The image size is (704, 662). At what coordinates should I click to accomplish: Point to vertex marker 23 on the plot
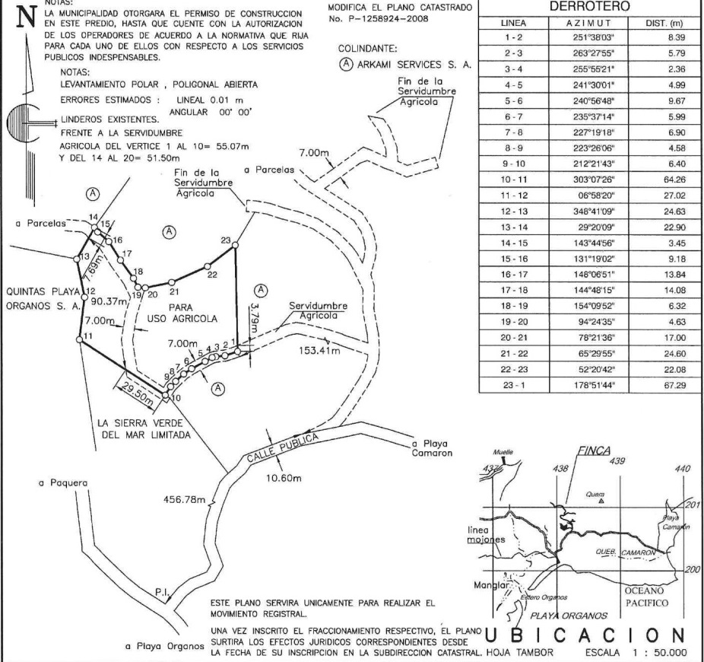(236, 245)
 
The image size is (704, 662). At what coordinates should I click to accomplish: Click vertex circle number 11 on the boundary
(79, 337)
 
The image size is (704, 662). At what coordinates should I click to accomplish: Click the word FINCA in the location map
(592, 450)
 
